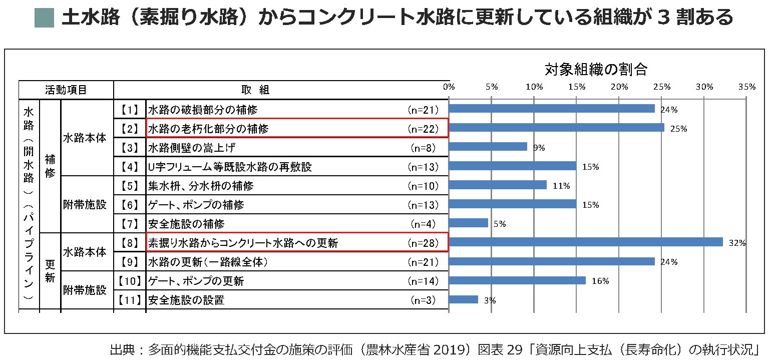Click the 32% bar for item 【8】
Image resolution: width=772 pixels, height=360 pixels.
tap(586, 242)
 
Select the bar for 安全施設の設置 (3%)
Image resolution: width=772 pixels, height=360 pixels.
tap(464, 300)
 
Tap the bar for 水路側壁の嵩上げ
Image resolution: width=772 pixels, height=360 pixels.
tap(488, 147)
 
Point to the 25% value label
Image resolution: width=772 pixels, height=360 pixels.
tap(678, 129)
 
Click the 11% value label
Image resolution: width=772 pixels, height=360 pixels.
tap(561, 186)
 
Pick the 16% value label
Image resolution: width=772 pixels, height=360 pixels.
tap(600, 281)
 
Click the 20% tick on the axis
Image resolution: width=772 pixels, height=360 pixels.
tap(619, 87)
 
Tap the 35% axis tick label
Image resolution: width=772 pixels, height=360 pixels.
tap(746, 87)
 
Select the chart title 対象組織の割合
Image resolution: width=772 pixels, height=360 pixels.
tap(596, 69)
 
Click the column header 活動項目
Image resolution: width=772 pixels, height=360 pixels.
tap(66, 90)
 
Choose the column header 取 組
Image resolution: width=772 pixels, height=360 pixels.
tap(255, 90)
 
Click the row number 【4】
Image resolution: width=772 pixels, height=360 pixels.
tap(130, 167)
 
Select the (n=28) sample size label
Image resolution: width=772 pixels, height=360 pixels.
tap(424, 243)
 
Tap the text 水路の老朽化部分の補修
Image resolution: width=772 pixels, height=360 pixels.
tap(208, 129)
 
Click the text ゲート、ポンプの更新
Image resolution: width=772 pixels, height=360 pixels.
tap(196, 281)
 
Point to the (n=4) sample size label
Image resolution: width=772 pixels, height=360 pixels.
tap(424, 224)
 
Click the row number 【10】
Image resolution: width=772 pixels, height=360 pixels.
tap(130, 281)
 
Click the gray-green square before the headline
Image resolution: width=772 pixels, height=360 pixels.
tap(44, 18)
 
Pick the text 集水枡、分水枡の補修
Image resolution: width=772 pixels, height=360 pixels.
tap(201, 186)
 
